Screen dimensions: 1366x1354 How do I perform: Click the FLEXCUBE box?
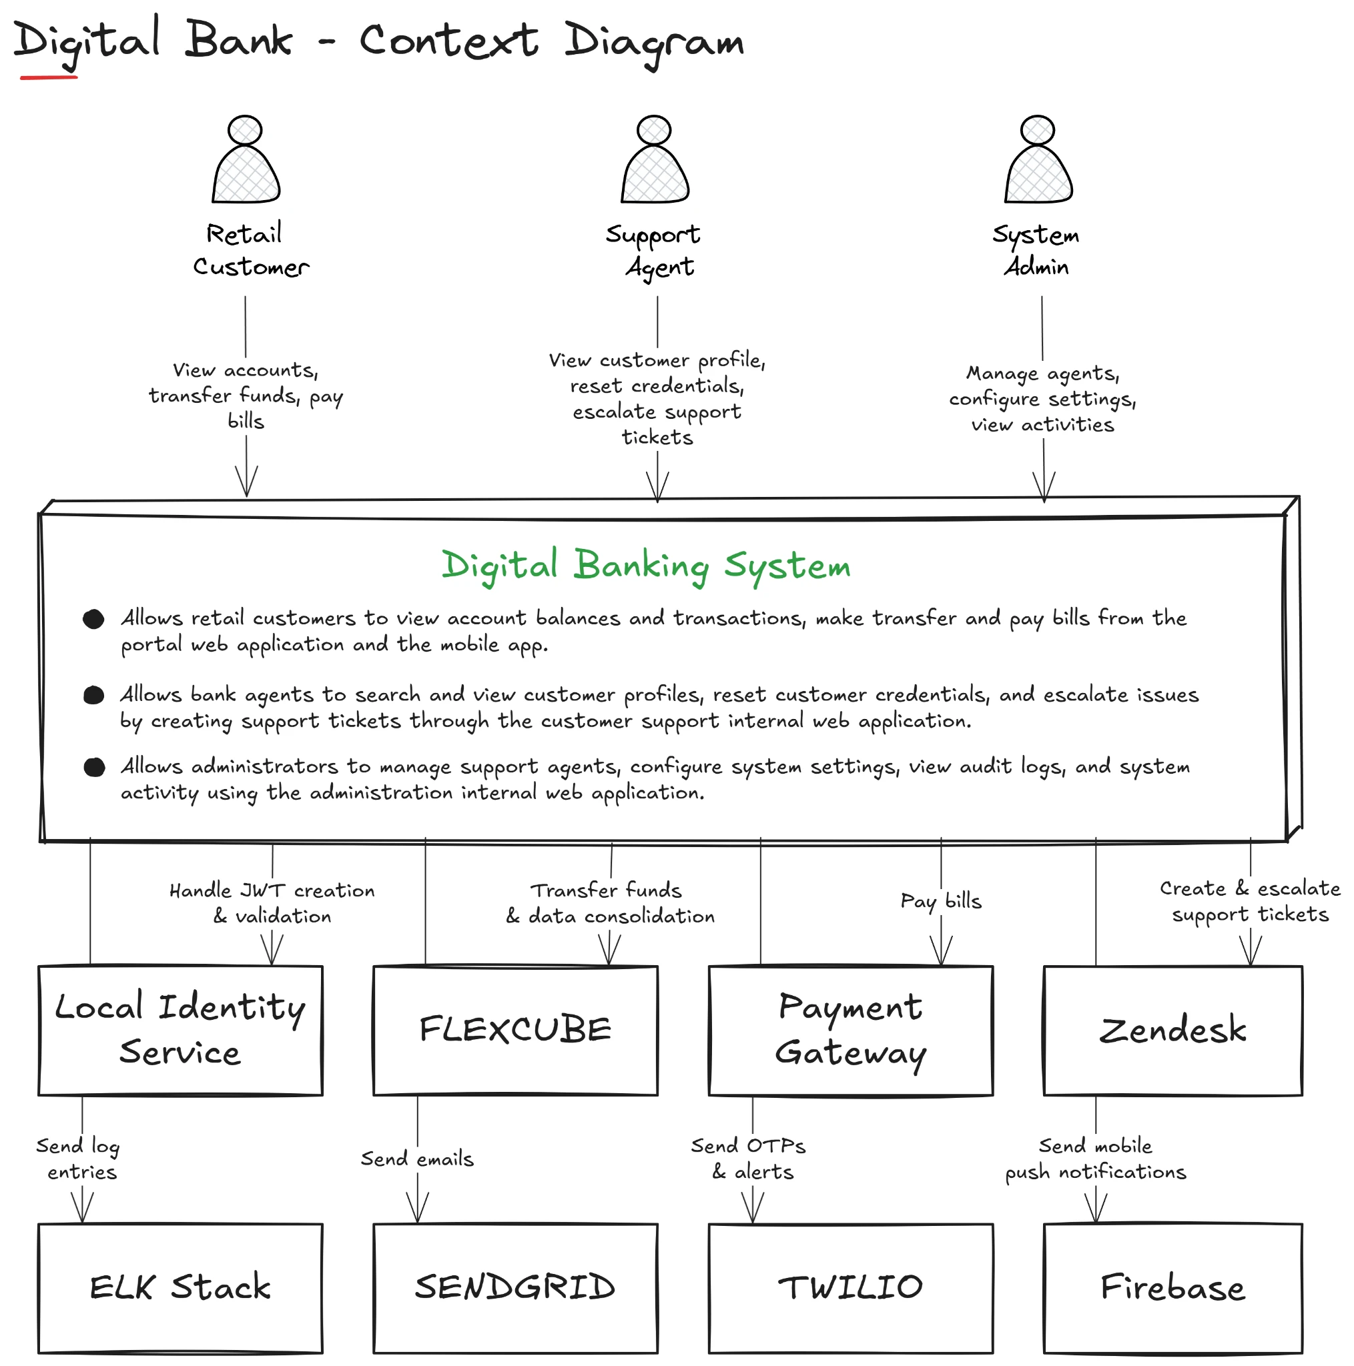pyautogui.click(x=515, y=1030)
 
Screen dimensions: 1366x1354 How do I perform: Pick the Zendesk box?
pyautogui.click(x=1172, y=1030)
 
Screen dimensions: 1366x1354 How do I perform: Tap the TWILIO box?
pyautogui.click(x=850, y=1287)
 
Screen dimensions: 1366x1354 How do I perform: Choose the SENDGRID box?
pyautogui.click(x=515, y=1287)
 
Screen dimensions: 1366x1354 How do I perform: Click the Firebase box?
pyautogui.click(x=1172, y=1287)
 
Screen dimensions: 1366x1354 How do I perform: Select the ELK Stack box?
pyautogui.click(x=180, y=1287)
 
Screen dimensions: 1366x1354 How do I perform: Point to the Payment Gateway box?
pyautogui.click(x=850, y=1030)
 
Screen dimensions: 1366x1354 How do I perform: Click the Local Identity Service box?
pyautogui.click(x=180, y=1030)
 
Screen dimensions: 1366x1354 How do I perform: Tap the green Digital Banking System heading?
pyautogui.click(x=646, y=566)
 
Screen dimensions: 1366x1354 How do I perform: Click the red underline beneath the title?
pyautogui.click(x=49, y=77)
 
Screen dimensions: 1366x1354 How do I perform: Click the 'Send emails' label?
pyautogui.click(x=417, y=1159)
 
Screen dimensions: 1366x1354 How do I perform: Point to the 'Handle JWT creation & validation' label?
pyautogui.click(x=272, y=903)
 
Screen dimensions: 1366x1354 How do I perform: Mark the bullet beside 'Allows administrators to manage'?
pyautogui.click(x=94, y=767)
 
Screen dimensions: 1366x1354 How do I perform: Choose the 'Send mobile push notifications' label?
pyautogui.click(x=1095, y=1159)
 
